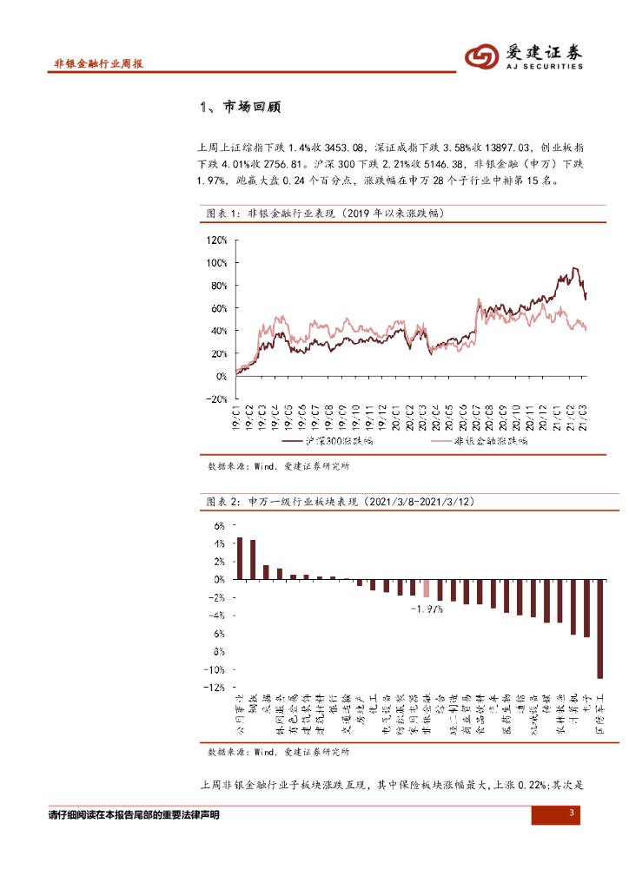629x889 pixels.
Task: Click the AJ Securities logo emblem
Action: pos(480,56)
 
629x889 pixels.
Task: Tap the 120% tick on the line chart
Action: pos(215,240)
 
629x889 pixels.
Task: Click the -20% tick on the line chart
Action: pos(215,399)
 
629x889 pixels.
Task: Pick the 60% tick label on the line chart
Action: pos(217,308)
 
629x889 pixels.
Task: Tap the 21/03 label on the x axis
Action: pos(583,418)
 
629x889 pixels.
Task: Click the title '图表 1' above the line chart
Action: pos(225,212)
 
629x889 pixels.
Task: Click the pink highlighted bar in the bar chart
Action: pos(426,588)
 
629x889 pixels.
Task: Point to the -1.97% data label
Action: pos(427,609)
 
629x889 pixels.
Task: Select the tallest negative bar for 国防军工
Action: pos(599,628)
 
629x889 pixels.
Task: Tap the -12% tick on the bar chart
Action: pos(213,688)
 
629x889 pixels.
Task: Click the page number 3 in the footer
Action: pos(572,813)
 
